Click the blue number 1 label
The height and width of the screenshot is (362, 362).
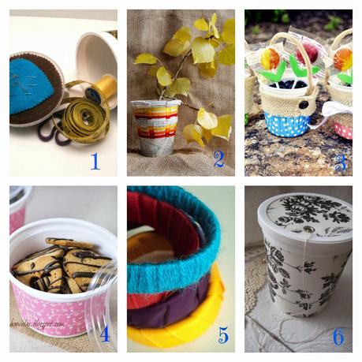point(95,162)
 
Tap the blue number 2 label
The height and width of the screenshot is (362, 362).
point(218,159)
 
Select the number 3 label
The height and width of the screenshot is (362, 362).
point(341,163)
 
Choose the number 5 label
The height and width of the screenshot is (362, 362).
point(222,335)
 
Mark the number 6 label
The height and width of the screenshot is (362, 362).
point(338,336)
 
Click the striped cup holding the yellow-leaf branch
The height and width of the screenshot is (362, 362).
point(155,126)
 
